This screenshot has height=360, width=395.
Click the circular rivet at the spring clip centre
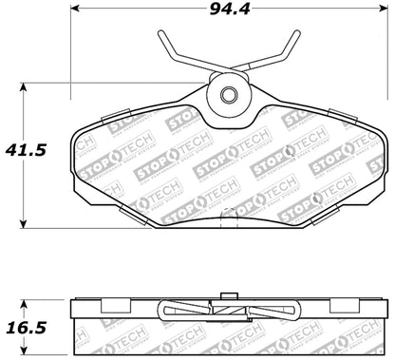[x=228, y=95]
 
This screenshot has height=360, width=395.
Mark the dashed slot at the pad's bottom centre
[x=228, y=220]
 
